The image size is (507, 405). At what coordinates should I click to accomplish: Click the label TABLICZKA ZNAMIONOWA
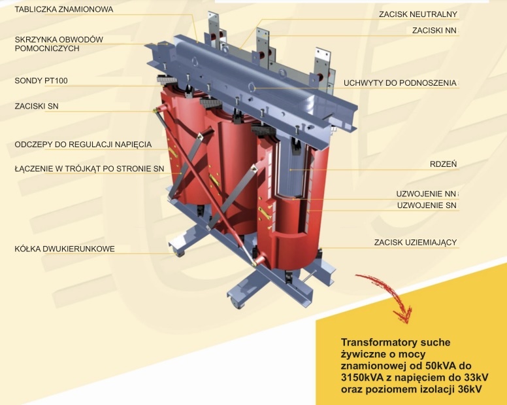pos(64,9)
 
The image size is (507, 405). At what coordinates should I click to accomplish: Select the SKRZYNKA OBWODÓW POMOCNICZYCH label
pos(59,44)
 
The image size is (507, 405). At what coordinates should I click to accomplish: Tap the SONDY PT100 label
pos(41,80)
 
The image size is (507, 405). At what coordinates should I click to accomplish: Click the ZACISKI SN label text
pos(37,106)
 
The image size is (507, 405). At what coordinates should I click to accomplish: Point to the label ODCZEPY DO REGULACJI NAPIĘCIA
pos(83,145)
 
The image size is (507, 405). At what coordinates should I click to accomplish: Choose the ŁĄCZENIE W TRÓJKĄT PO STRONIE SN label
pos(90,169)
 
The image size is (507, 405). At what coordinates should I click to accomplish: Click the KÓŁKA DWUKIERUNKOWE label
pos(65,249)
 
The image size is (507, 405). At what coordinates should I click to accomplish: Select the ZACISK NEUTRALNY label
pos(418,14)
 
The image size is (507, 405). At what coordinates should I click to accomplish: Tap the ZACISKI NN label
pos(434,31)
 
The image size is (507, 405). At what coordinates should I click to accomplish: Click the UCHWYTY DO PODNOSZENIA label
pos(400,83)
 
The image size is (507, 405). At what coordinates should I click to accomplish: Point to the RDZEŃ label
pos(444,164)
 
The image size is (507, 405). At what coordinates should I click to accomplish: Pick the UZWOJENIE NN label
pos(426,194)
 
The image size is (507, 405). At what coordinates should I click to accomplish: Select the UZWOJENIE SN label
pos(427,205)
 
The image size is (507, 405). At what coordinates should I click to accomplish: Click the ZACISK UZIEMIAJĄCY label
pos(416,243)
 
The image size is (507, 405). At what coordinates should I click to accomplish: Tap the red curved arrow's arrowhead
pos(403,315)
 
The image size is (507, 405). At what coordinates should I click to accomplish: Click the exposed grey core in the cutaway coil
pos(291,168)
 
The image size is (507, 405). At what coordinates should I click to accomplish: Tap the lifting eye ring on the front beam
pos(252,87)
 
